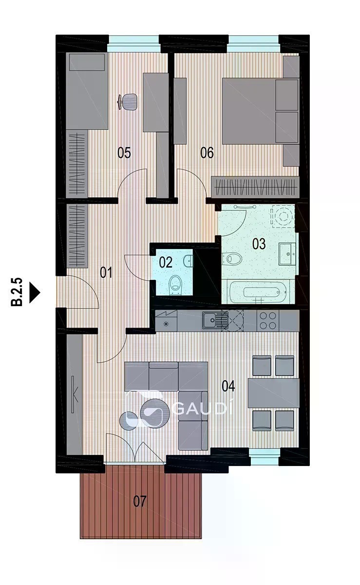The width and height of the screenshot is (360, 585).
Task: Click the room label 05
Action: [124, 153]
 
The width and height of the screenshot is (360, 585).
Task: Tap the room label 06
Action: [207, 153]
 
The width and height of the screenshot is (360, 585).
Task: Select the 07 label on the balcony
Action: [140, 501]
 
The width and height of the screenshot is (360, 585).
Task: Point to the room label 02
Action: [166, 262]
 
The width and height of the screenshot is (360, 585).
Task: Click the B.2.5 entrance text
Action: [17, 292]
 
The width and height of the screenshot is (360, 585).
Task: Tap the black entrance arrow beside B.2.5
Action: [35, 292]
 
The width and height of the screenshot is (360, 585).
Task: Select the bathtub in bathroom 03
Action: [258, 292]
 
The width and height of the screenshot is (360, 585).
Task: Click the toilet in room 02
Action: [174, 285]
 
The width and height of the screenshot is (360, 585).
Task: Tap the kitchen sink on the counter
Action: [215, 320]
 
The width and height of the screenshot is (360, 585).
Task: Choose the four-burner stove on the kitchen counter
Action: [268, 320]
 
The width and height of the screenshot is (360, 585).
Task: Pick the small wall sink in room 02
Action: [189, 261]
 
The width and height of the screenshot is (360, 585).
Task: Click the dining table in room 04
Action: [274, 393]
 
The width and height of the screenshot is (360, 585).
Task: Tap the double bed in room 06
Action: [260, 111]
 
